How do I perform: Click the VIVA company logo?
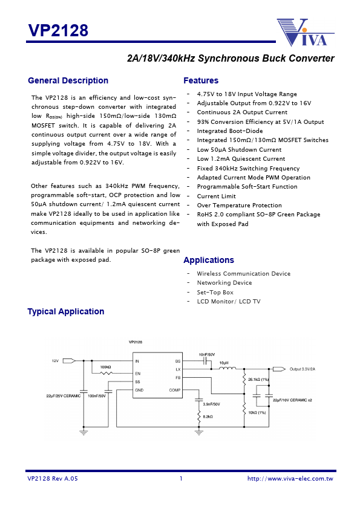pyautogui.click(x=302, y=32)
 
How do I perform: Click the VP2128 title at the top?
pyautogui.click(x=58, y=30)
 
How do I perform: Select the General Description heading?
pyautogui.click(x=68, y=80)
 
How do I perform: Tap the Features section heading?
pyautogui.click(x=201, y=80)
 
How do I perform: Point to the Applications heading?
pyautogui.click(x=209, y=260)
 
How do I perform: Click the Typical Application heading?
pyautogui.click(x=66, y=311)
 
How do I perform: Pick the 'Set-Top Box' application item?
pyautogui.click(x=215, y=292)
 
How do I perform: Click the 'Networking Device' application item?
pyautogui.click(x=224, y=282)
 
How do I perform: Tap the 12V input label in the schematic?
pyautogui.click(x=54, y=360)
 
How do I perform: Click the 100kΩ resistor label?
pyautogui.click(x=105, y=367)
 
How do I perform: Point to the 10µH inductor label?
pyautogui.click(x=223, y=363)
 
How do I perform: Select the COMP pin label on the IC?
pyautogui.click(x=175, y=390)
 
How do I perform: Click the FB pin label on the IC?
pyautogui.click(x=178, y=377)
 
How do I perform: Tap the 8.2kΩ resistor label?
pyautogui.click(x=208, y=417)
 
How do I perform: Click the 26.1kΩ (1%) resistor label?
pyautogui.click(x=258, y=379)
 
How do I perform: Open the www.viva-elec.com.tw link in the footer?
pyautogui.click(x=290, y=479)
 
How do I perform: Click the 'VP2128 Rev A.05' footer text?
pyautogui.click(x=53, y=479)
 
